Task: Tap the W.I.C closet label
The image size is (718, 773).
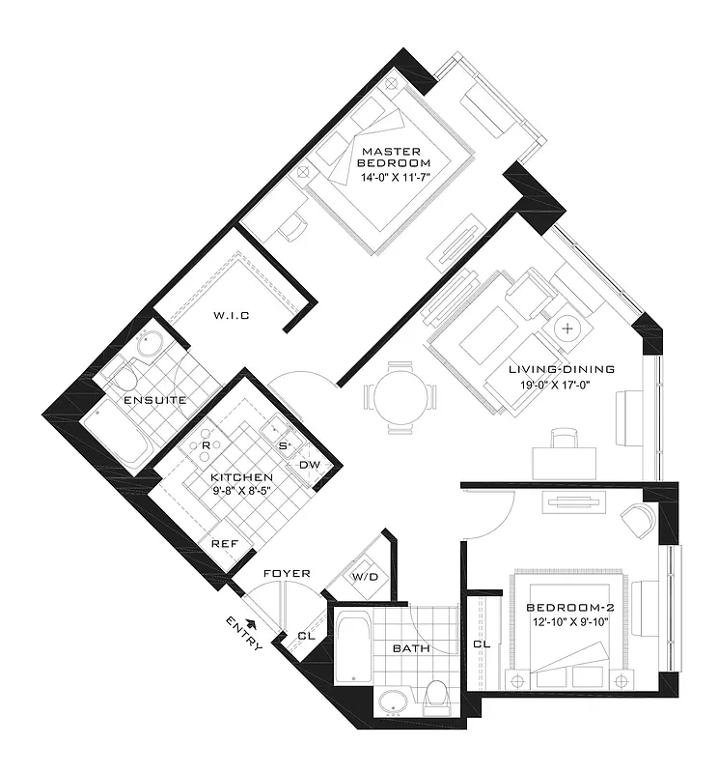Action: click(232, 316)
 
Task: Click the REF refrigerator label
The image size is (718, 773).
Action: click(224, 544)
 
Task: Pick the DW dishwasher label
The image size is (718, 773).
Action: click(309, 465)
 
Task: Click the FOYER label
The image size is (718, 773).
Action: click(287, 574)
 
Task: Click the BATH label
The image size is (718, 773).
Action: click(410, 648)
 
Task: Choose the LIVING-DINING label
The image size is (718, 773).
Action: click(562, 370)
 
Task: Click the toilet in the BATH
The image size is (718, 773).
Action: click(437, 698)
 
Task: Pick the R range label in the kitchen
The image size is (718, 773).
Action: click(207, 444)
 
